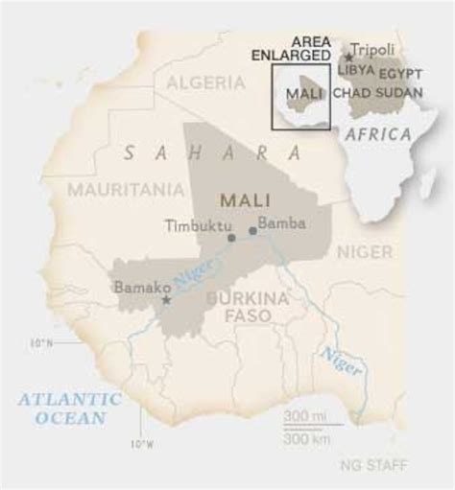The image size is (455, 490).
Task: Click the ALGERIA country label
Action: tap(206, 83)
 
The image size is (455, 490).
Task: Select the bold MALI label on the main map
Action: tap(245, 199)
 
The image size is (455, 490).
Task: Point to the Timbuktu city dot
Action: tap(231, 237)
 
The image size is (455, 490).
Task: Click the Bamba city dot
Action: tap(252, 230)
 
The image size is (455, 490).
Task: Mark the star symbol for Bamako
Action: tap(166, 300)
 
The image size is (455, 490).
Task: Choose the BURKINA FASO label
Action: tap(247, 306)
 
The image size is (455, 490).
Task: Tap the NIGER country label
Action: tap(364, 251)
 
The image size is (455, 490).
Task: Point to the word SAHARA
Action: tap(213, 152)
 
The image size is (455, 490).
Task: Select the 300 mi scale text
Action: tap(304, 415)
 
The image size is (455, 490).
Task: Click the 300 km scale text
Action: tap(304, 438)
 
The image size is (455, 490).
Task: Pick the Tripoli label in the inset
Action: tap(374, 49)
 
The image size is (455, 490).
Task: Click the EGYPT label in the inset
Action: tap(401, 74)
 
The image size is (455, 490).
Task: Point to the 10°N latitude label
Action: tap(40, 341)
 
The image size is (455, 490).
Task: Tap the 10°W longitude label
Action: tap(141, 443)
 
